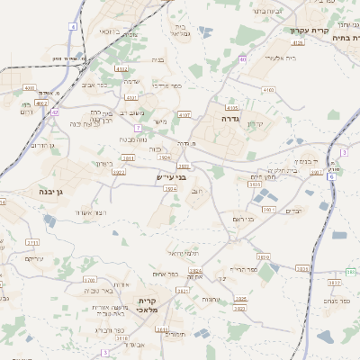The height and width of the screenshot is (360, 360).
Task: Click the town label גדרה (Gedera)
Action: tap(228, 118)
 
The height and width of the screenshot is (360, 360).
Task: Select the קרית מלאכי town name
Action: tap(148, 304)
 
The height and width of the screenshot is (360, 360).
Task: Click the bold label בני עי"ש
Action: tap(170, 178)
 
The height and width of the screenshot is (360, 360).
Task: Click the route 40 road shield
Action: tap(243, 58)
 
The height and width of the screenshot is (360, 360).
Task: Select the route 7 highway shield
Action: tap(138, 129)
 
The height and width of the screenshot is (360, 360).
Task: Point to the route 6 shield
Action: tap(331, 176)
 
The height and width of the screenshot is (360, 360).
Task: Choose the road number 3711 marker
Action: tap(33, 243)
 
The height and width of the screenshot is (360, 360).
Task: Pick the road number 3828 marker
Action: tap(302, 268)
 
